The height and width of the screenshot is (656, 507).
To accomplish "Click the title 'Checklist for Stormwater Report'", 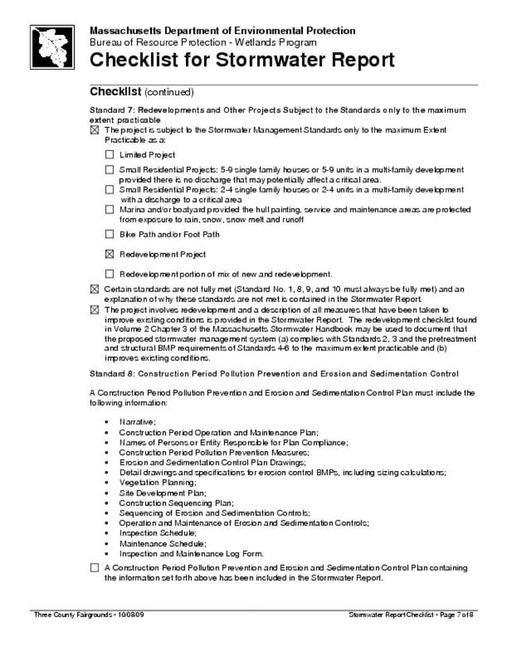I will click(x=242, y=60).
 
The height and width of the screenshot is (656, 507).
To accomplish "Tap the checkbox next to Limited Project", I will click(x=110, y=155).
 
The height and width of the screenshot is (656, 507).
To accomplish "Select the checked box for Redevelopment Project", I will click(x=110, y=254).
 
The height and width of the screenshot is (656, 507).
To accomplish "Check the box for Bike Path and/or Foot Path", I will click(x=110, y=234).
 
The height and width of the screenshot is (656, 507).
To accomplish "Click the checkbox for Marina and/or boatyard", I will click(x=110, y=210).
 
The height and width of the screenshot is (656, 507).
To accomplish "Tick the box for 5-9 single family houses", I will click(x=110, y=170).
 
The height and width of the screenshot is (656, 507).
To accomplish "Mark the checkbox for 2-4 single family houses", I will click(x=110, y=190).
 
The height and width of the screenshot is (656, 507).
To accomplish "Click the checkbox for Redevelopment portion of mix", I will click(x=110, y=273).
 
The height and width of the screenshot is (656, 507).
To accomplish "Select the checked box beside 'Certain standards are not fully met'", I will click(x=95, y=289).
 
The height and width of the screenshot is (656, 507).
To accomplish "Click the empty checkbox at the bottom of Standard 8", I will click(x=95, y=568).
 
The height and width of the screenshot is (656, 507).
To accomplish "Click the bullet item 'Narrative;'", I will click(x=137, y=421).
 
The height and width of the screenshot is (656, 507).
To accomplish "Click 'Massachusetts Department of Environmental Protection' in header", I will click(x=223, y=30).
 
